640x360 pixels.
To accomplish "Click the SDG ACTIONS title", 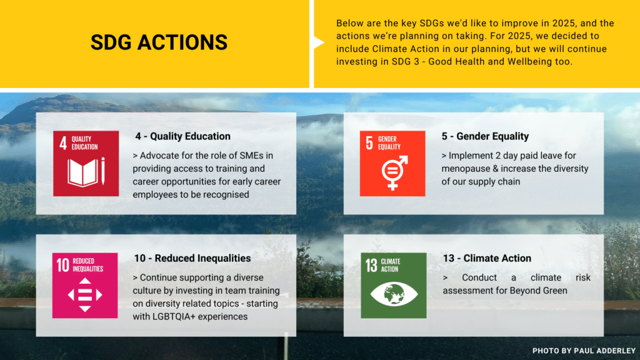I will point(159,42).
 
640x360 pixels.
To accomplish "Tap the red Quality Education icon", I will point(86,163).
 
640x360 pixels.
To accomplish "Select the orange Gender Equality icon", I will point(392,163).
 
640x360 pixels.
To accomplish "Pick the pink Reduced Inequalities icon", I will point(86,285).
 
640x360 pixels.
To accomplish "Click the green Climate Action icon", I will point(392,285).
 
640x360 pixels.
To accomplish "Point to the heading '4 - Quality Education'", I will point(182,136).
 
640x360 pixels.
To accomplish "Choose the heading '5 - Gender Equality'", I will point(485,136).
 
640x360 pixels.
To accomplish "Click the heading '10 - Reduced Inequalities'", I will point(192,258).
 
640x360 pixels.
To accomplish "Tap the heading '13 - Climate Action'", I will point(487,258).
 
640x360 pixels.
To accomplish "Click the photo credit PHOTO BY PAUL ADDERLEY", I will point(584,351).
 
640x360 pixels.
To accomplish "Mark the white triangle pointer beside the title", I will point(318,42).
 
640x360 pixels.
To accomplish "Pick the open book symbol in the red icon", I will point(82,172).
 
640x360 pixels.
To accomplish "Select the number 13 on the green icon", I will point(371,266).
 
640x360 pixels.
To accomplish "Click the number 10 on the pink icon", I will point(63,266).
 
